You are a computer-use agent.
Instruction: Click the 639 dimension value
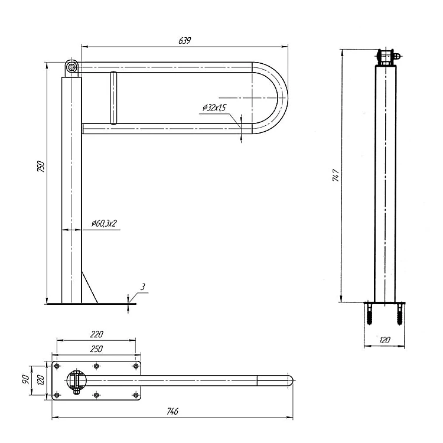185,41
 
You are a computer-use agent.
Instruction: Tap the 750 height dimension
41,167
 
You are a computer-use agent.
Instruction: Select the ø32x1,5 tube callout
214,108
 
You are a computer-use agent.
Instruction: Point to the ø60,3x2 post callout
104,223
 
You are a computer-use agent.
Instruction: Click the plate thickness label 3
143,286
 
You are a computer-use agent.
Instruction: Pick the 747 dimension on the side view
335,175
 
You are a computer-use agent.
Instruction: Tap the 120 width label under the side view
385,340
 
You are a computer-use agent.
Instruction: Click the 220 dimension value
97,334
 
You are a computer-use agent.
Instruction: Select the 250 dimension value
96,349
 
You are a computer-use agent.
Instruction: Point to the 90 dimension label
25,379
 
